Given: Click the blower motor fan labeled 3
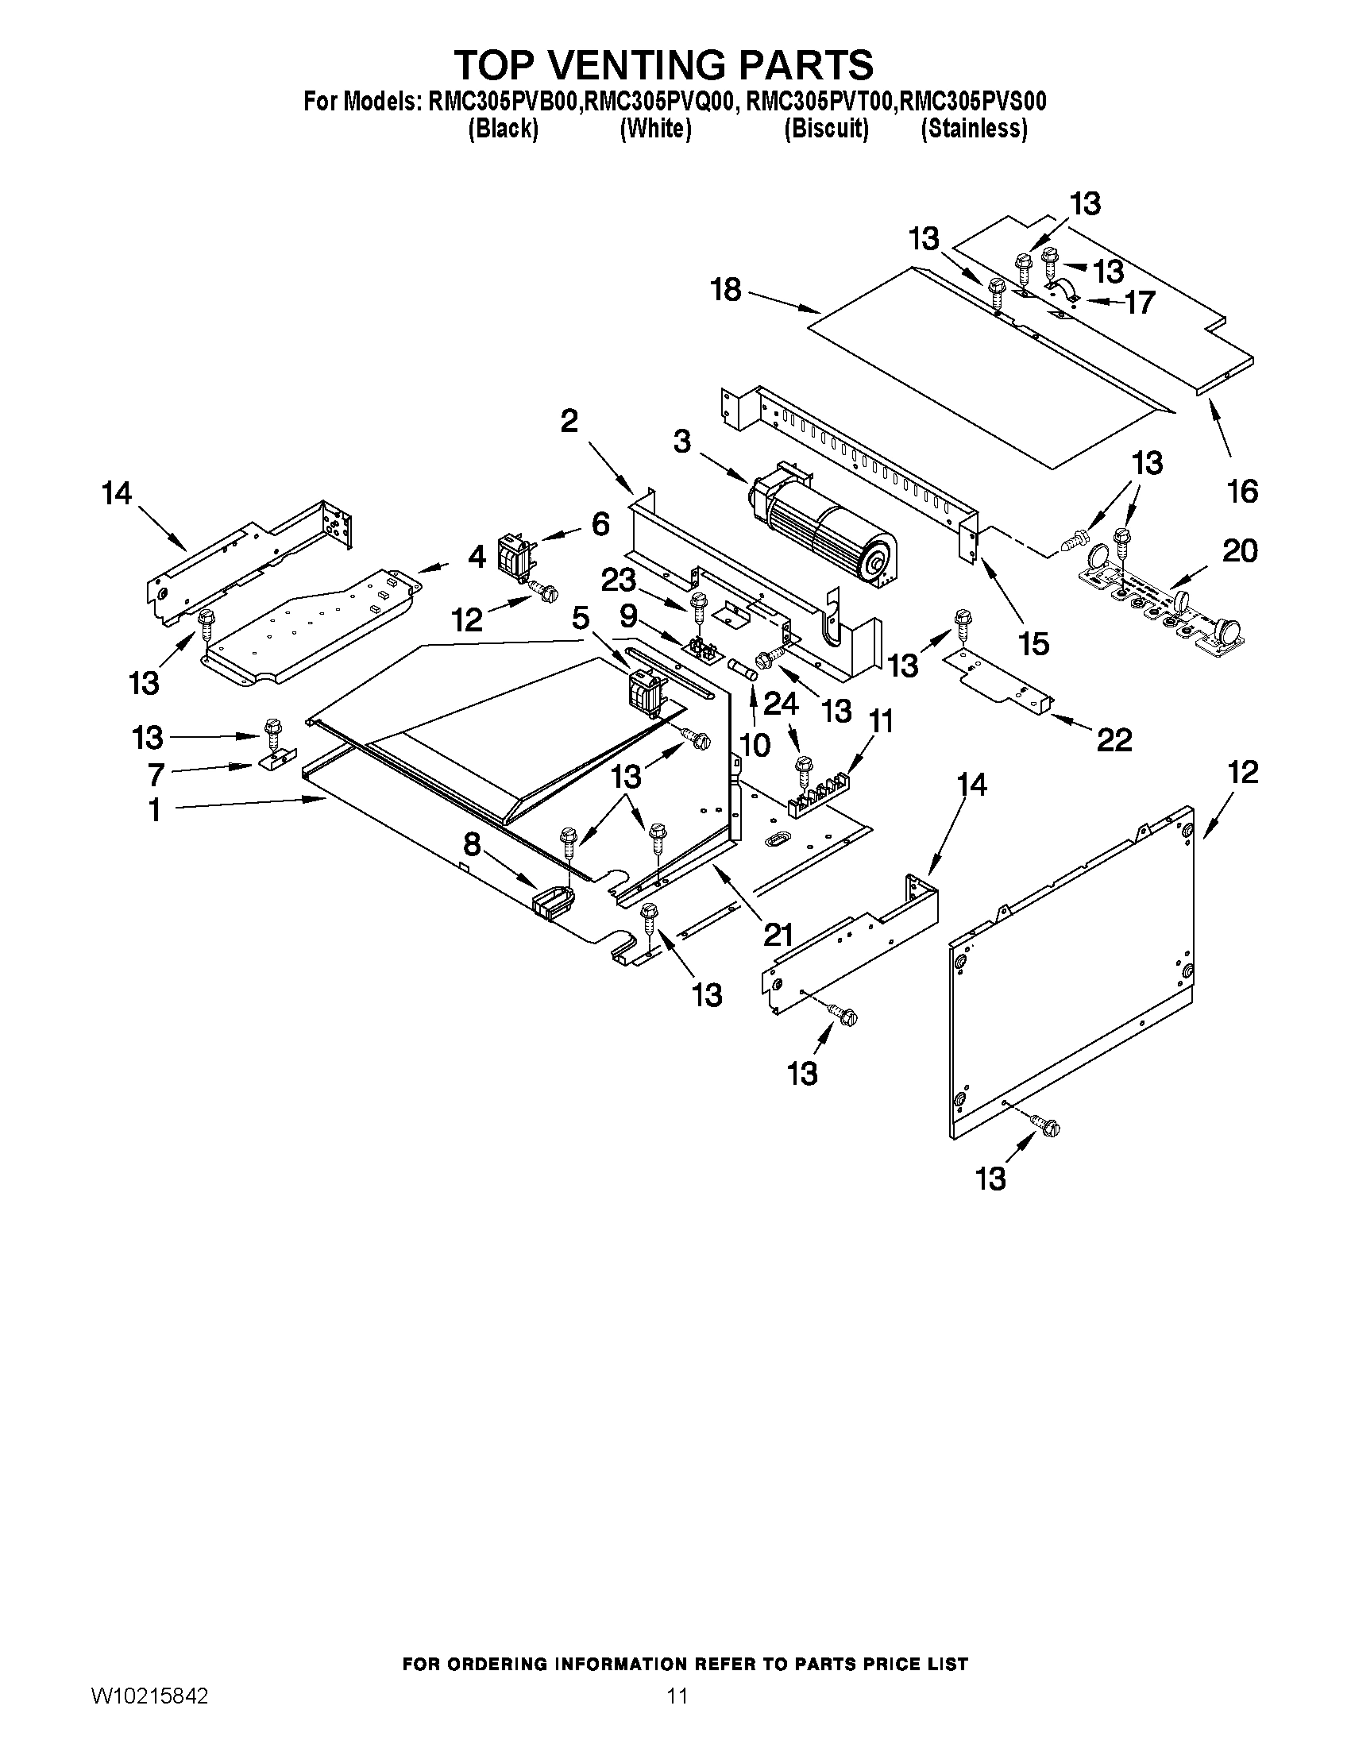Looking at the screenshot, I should pyautogui.click(x=824, y=528).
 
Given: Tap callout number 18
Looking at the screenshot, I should pyautogui.click(x=726, y=290).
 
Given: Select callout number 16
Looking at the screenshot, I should pyautogui.click(x=1242, y=491).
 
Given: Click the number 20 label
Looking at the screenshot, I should pyautogui.click(x=1240, y=550).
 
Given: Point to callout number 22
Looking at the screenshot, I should pyautogui.click(x=1114, y=740).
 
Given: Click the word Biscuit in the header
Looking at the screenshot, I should pyautogui.click(x=826, y=128).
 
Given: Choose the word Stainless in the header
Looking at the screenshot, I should pyautogui.click(x=973, y=128).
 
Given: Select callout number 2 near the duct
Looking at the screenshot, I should pyautogui.click(x=568, y=421).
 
